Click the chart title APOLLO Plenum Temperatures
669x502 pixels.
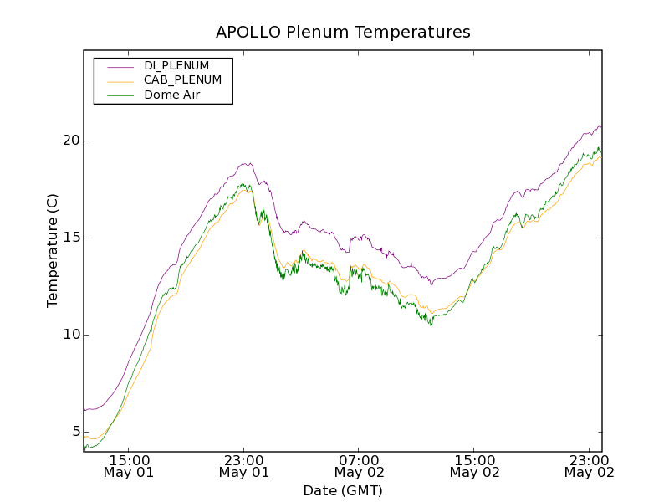tap(343, 33)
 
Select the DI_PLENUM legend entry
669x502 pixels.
tap(176, 65)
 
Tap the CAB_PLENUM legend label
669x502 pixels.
tap(182, 80)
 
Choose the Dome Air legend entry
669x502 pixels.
tap(171, 95)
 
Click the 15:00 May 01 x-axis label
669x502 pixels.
tap(129, 466)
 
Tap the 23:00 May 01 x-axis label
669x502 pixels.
tap(244, 466)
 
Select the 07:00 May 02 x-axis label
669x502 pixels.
tap(359, 466)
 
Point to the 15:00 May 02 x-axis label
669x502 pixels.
tap(474, 466)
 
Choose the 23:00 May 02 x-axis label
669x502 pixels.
tap(589, 466)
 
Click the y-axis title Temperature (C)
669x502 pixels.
tap(53, 250)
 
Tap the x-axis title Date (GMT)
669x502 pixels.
tap(343, 490)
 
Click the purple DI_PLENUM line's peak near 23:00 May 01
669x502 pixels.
tap(248, 163)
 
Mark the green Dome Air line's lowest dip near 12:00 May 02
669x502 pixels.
tap(431, 325)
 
